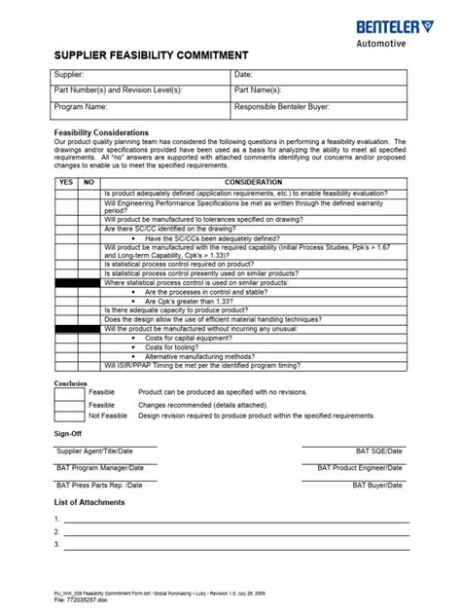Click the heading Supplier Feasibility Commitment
click(x=151, y=54)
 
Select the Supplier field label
click(x=70, y=75)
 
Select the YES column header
click(x=65, y=182)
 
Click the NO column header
click(x=89, y=182)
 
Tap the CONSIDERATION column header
click(x=253, y=182)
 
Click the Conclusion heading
click(x=71, y=382)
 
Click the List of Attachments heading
click(x=89, y=502)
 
